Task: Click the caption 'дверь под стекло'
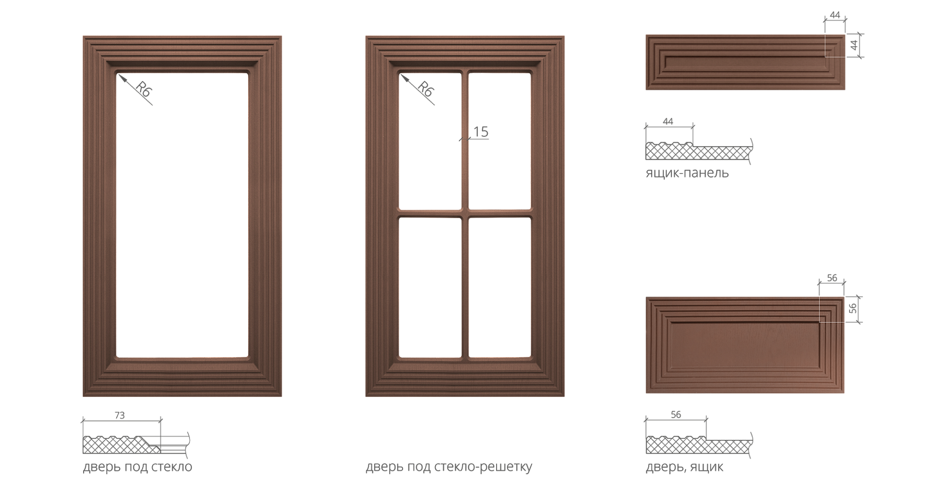click(x=137, y=467)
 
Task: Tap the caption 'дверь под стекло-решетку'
click(x=449, y=467)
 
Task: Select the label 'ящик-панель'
click(x=687, y=173)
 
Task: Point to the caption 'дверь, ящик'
click(x=685, y=467)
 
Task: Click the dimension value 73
click(x=120, y=415)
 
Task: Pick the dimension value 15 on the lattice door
click(x=480, y=132)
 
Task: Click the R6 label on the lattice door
click(x=426, y=89)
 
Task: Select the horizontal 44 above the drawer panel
click(x=835, y=15)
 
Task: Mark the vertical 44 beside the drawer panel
click(x=854, y=45)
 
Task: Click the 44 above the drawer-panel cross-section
click(x=668, y=121)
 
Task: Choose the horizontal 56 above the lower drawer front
click(x=832, y=278)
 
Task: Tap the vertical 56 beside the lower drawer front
click(x=853, y=308)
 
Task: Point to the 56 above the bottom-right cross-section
click(x=676, y=415)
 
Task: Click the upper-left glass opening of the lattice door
click(x=430, y=141)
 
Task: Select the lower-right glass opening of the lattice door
click(x=500, y=287)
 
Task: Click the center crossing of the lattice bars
click(x=465, y=213)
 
